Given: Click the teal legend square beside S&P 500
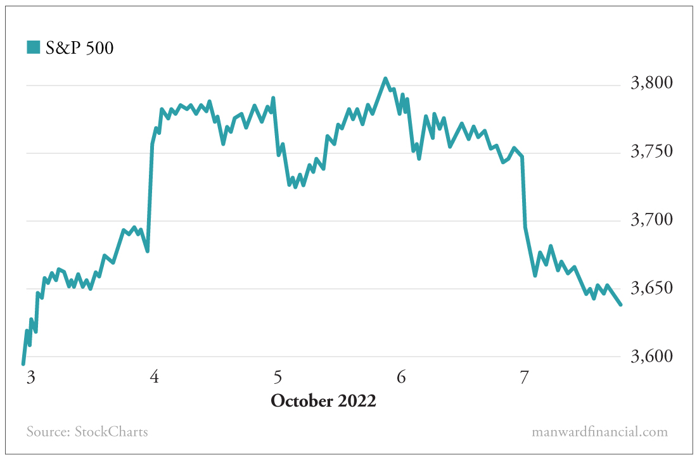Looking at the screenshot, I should pyautogui.click(x=33, y=47).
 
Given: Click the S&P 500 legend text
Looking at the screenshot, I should pyautogui.click(x=80, y=48).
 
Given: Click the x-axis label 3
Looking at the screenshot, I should pyautogui.click(x=30, y=378).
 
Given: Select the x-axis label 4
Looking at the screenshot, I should pyautogui.click(x=154, y=378).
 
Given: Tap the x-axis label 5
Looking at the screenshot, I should pyautogui.click(x=278, y=378).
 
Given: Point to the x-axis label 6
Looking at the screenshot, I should pyautogui.click(x=401, y=378).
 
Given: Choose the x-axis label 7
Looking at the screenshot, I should pyautogui.click(x=524, y=378).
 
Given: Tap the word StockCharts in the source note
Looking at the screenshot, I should pyautogui.click(x=112, y=432).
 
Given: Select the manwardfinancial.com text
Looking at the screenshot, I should pyautogui.click(x=599, y=432).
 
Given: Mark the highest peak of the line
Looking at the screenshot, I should pyautogui.click(x=385, y=79).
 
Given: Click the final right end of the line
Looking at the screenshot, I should pyautogui.click(x=621, y=305).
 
